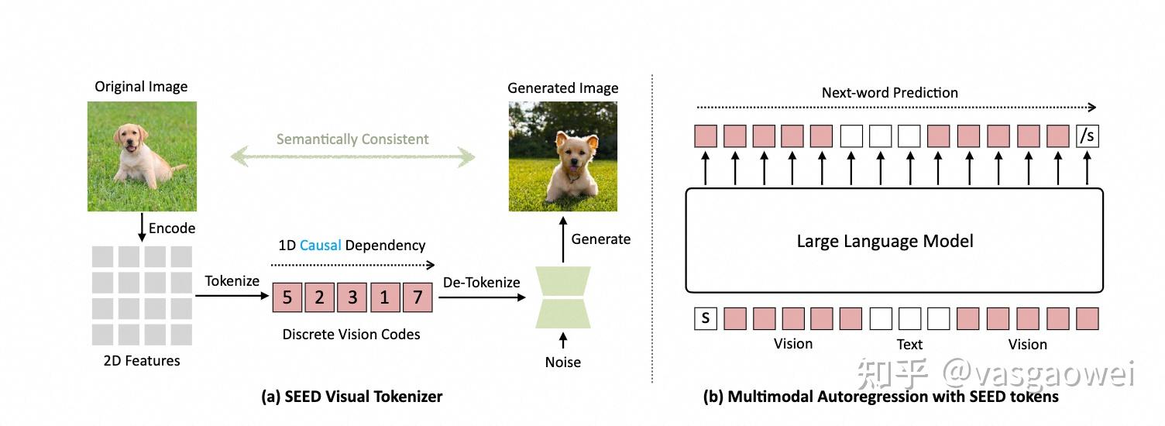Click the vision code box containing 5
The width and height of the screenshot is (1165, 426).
[x=287, y=297]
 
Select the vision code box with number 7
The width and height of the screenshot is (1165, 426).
[x=417, y=297]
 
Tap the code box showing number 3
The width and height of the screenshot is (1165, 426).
[x=352, y=297]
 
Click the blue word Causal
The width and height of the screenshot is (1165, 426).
[x=321, y=245]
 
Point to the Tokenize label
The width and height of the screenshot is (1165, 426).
[x=232, y=281]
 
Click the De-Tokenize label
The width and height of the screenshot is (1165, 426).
[x=481, y=283]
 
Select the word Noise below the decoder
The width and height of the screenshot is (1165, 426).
[x=562, y=362]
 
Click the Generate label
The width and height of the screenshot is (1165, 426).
[x=601, y=239]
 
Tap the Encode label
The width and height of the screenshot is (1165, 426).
[x=172, y=228]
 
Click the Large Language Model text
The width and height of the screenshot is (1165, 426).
[x=885, y=242]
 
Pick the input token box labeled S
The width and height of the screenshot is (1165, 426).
[x=705, y=318]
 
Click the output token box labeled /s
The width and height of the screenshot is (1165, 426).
[x=1087, y=136]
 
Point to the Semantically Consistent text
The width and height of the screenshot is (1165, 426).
[x=352, y=139]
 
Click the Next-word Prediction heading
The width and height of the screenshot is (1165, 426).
[x=889, y=93]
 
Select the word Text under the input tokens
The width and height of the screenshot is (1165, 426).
[x=909, y=345]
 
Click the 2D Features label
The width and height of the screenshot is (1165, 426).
[x=142, y=360]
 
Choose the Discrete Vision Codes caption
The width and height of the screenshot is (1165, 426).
[x=351, y=335]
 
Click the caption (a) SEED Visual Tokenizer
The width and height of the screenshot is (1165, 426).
[x=352, y=397]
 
